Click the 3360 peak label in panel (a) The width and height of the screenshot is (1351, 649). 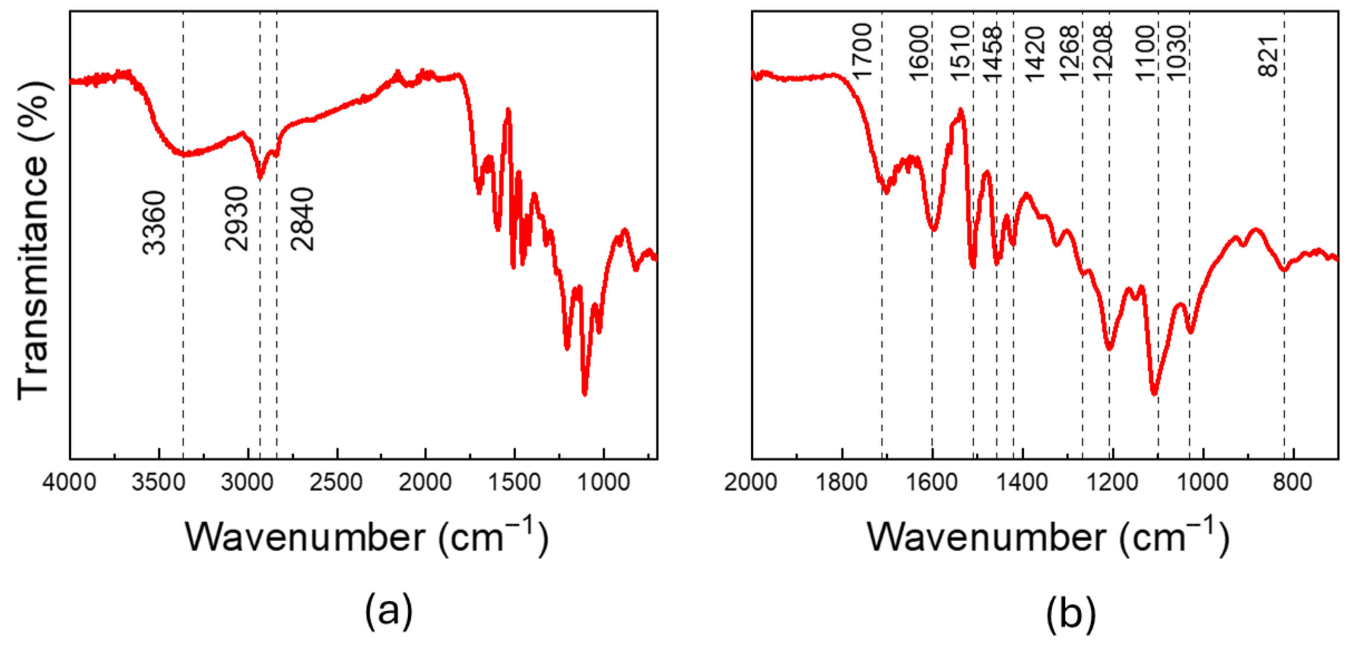155,223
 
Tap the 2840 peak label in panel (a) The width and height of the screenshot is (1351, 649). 303,219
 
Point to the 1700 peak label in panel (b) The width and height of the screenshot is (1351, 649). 862,51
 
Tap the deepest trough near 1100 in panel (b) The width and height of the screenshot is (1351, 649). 1154,394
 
